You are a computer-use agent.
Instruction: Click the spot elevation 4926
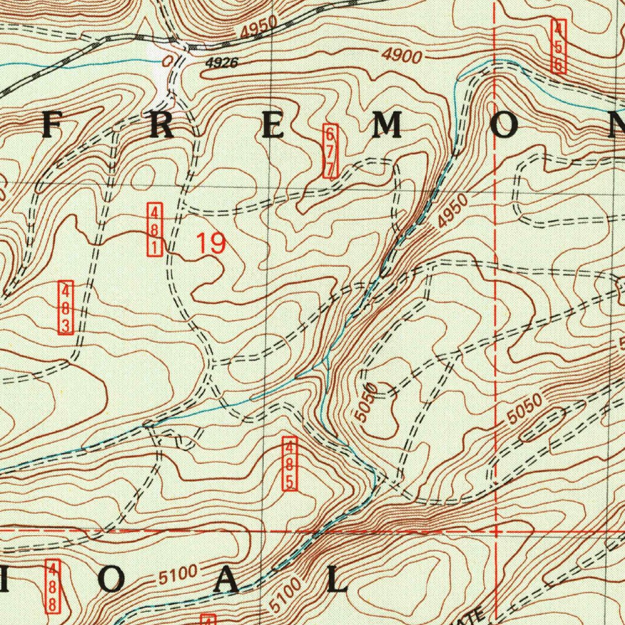pyautogui.click(x=221, y=62)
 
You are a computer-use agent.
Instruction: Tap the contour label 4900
pyautogui.click(x=402, y=56)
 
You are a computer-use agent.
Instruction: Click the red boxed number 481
pyautogui.click(x=155, y=230)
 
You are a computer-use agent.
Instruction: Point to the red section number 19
pyautogui.click(x=211, y=244)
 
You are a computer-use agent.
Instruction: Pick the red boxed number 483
pyautogui.click(x=67, y=308)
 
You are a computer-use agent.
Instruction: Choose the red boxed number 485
pyautogui.click(x=289, y=464)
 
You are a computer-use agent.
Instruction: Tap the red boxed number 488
pyautogui.click(x=54, y=587)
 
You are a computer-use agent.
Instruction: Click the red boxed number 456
pyautogui.click(x=558, y=46)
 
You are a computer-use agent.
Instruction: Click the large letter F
pyautogui.click(x=52, y=126)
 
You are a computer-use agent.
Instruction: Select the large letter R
pyautogui.click(x=162, y=126)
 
